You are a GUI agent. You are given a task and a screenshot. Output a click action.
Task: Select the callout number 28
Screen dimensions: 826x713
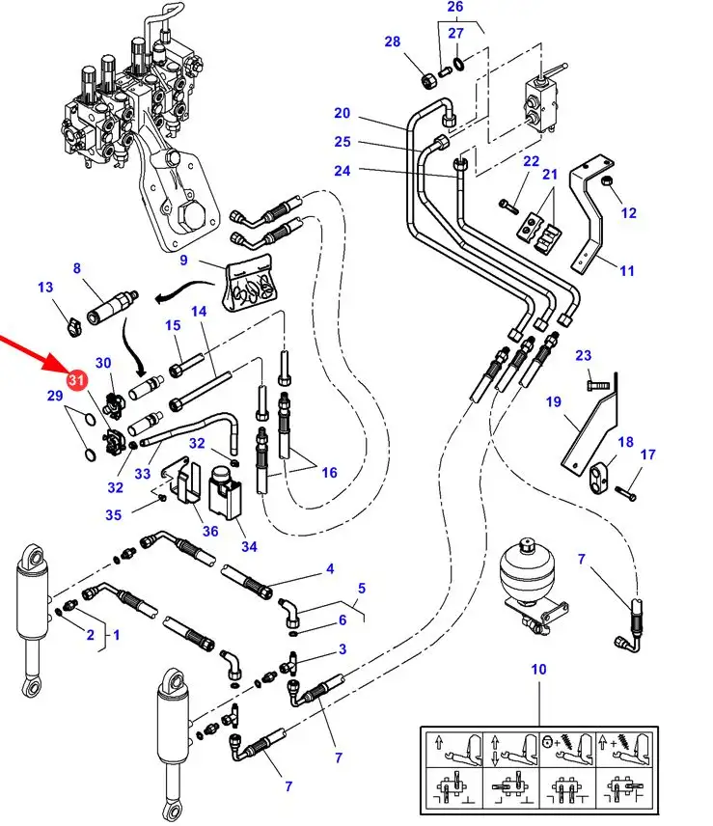392,41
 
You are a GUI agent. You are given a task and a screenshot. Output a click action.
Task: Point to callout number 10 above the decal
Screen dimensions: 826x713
537,669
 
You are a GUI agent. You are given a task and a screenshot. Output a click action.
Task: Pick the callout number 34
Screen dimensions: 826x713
250,546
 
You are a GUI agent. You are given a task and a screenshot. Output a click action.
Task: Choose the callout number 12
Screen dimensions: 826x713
628,212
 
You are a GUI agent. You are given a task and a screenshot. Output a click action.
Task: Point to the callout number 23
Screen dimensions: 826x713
583,356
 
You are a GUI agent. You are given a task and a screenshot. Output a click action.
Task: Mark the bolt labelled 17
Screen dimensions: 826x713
625,493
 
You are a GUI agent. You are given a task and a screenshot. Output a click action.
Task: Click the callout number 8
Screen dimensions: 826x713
77,268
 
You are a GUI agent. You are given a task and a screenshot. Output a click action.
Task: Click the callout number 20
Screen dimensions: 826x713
342,113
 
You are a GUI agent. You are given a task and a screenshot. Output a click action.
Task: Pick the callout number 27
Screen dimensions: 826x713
454,33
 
